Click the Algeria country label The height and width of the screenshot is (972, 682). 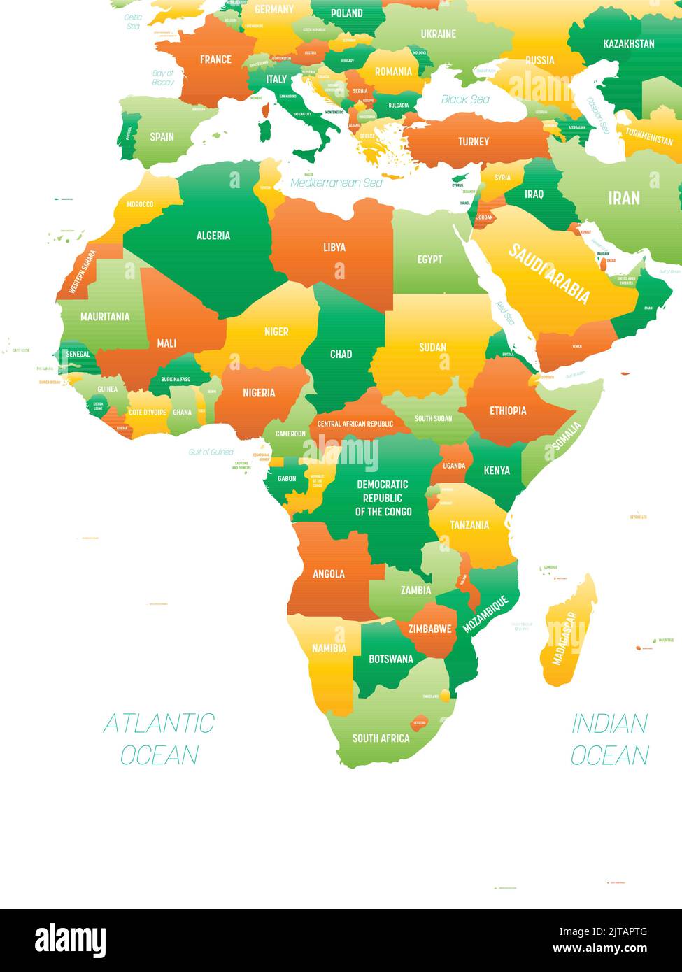click(x=213, y=236)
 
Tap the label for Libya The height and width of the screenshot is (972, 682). click(x=334, y=247)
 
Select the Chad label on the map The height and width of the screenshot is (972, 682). click(x=341, y=354)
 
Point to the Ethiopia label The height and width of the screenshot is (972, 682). click(x=508, y=410)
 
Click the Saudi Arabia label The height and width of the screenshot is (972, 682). click(x=548, y=273)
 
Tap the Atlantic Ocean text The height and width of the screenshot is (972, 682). click(x=159, y=738)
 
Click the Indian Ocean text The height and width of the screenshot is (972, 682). click(x=610, y=738)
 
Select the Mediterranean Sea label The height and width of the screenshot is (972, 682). click(x=336, y=183)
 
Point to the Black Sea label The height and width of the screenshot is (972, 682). click(x=465, y=99)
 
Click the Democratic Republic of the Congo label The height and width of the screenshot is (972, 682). click(x=383, y=498)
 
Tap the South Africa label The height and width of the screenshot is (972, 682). click(x=381, y=738)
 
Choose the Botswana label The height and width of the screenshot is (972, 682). click(x=391, y=659)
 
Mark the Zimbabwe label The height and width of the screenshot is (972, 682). click(x=430, y=629)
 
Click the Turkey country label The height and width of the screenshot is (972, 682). click(x=474, y=142)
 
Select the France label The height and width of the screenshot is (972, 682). click(x=215, y=59)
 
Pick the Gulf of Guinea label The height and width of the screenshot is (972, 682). click(x=211, y=452)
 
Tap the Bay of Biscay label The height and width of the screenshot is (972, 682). click(x=163, y=78)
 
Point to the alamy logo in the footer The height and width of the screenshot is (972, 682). click(x=70, y=940)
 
